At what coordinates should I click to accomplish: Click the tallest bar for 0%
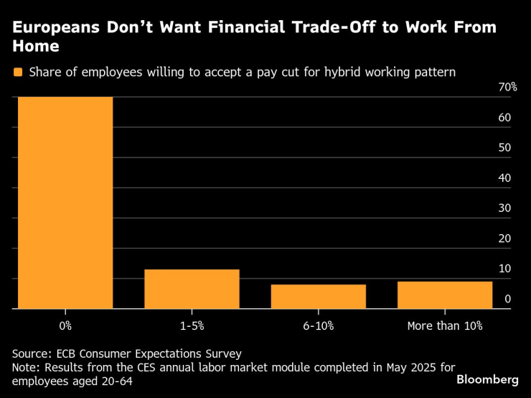pyautogui.click(x=65, y=203)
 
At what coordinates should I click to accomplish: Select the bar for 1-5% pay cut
pyautogui.click(x=192, y=289)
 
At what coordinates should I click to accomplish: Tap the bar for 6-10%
pyautogui.click(x=318, y=297)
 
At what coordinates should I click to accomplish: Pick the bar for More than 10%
pyautogui.click(x=445, y=295)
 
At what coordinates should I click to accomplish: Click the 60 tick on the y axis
pyautogui.click(x=504, y=117)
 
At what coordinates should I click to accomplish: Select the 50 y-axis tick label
pyautogui.click(x=504, y=147)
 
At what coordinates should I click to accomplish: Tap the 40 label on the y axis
pyautogui.click(x=504, y=177)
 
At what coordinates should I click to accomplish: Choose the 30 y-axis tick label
pyautogui.click(x=504, y=208)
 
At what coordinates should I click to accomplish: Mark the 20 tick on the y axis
pyautogui.click(x=504, y=238)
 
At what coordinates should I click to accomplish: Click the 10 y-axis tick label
pyautogui.click(x=504, y=268)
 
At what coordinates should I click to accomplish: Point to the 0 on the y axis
pyautogui.click(x=507, y=298)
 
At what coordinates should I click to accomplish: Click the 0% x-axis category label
pyautogui.click(x=65, y=325)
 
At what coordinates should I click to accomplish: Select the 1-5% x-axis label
pyautogui.click(x=192, y=325)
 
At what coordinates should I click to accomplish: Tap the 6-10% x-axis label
pyautogui.click(x=318, y=325)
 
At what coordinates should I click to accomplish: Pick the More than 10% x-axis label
pyautogui.click(x=445, y=325)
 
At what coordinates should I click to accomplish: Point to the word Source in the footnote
pyautogui.click(x=31, y=353)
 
